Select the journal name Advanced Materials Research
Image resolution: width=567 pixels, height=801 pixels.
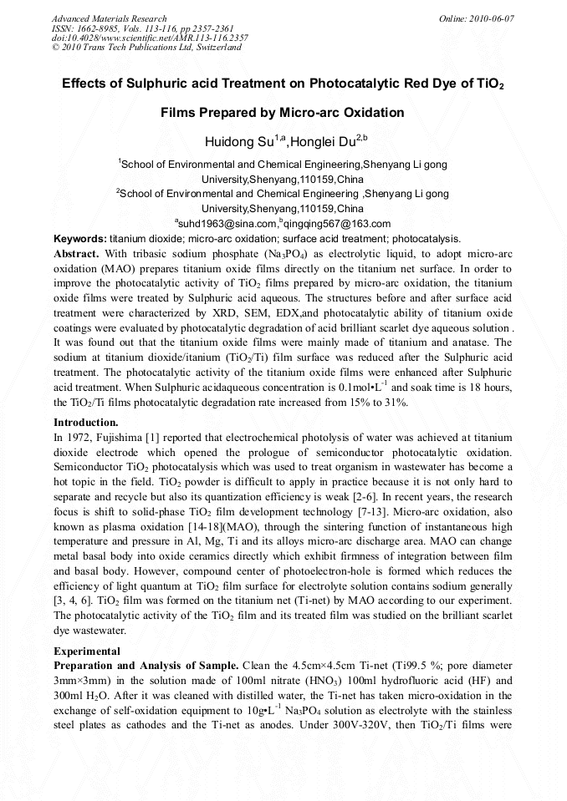coord(109,18)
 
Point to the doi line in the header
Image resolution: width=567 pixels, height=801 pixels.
coord(150,38)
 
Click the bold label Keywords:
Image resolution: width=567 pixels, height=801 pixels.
coord(79,238)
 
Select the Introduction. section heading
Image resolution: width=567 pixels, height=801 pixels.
coord(86,422)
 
